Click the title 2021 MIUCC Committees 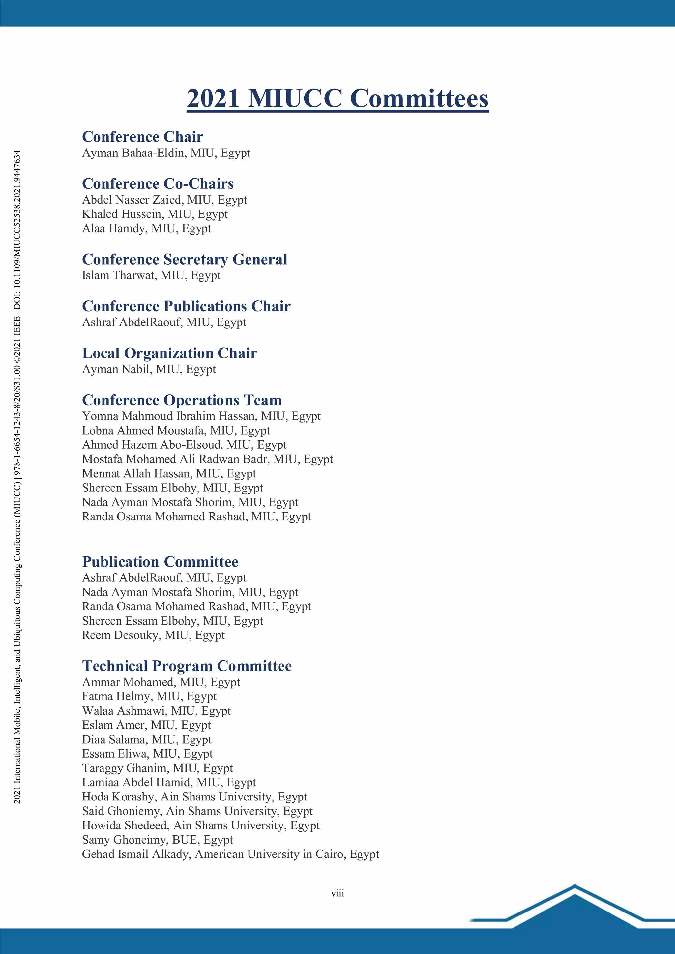[x=337, y=98]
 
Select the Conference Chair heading [x=142, y=137]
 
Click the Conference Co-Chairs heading [x=158, y=184]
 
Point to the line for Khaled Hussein [x=155, y=214]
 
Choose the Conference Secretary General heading [x=185, y=259]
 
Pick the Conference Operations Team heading [x=182, y=400]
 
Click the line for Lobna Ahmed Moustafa [x=176, y=431]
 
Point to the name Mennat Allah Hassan [x=137, y=474]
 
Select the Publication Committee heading [x=160, y=562]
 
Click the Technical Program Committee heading [x=187, y=666]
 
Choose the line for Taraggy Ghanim [x=157, y=768]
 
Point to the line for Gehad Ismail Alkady [x=230, y=854]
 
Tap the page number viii [x=337, y=893]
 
